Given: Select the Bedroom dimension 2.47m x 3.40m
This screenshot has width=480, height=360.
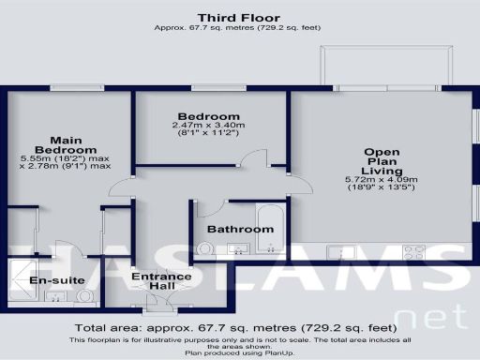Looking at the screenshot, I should (207, 125).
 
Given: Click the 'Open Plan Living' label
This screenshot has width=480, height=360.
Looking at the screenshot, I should (382, 161).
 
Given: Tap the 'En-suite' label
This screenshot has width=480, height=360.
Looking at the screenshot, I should (58, 280).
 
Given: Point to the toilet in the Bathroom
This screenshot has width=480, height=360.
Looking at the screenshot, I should (205, 248).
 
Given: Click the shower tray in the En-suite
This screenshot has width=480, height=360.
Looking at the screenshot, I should (22, 277).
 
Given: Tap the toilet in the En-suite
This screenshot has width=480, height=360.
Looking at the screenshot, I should (85, 296).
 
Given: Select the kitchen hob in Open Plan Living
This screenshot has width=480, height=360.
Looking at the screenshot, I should (413, 251).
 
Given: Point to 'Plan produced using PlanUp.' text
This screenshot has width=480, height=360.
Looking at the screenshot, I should (239, 353).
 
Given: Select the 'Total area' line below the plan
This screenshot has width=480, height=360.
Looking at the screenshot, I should (239, 328).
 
